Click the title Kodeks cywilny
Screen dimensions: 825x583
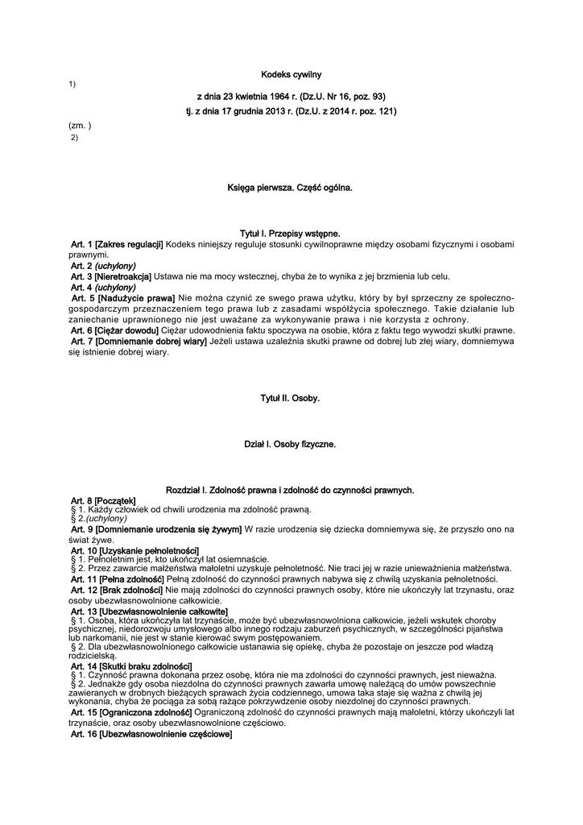[291, 75]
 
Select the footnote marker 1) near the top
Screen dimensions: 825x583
[72, 85]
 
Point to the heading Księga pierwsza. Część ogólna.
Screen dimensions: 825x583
[291, 188]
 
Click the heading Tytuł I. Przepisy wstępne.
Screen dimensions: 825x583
[291, 233]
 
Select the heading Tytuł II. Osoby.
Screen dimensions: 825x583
[291, 398]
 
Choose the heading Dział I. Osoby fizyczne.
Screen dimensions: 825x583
[291, 444]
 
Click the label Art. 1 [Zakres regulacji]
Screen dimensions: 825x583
[117, 244]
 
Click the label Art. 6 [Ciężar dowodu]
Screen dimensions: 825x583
[113, 331]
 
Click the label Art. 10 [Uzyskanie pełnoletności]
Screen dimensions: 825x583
[134, 550]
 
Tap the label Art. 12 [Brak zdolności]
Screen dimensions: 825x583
[118, 591]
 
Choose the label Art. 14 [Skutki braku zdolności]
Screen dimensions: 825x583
[131, 665]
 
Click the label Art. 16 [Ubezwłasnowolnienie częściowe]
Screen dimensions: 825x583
[151, 735]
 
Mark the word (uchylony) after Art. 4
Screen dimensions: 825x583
[115, 288]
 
